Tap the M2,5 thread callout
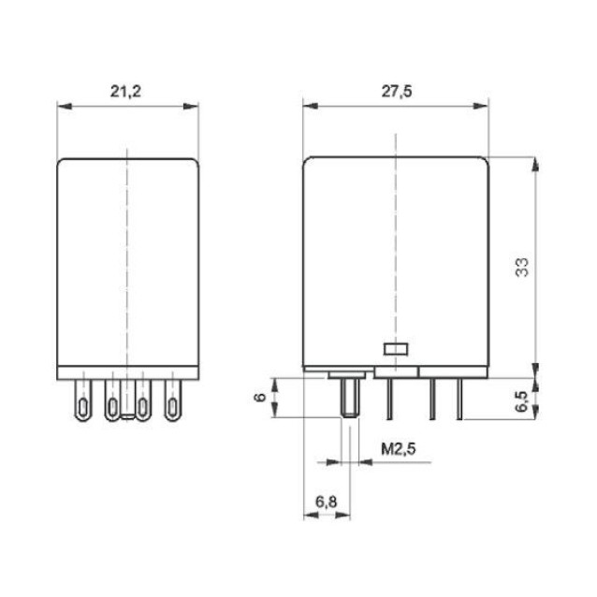pos(398,450)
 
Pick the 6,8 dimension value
pos(326,503)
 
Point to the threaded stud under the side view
pos(351,397)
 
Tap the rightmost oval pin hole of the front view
pos(171,405)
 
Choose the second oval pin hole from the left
pos(112,406)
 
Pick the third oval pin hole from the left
pos(142,406)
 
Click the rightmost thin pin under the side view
pos(460,397)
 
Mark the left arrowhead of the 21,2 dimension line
pos(62,106)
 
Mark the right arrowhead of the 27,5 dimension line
pos(487,106)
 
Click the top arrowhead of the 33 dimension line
pos(534,163)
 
